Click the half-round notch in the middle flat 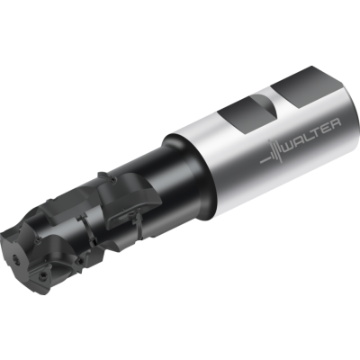tap(266, 106)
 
